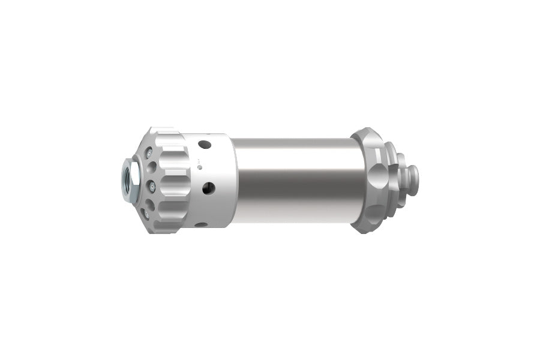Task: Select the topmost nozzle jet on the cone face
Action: click(149, 152)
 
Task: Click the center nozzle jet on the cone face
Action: click(152, 187)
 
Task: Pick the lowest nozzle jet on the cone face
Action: click(146, 214)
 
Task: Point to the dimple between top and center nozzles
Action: click(151, 167)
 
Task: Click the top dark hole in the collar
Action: click(205, 144)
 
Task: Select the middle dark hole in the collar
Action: click(209, 188)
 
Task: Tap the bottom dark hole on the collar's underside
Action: click(201, 224)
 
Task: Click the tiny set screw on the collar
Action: click(200, 167)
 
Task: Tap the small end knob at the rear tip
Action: click(414, 180)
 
